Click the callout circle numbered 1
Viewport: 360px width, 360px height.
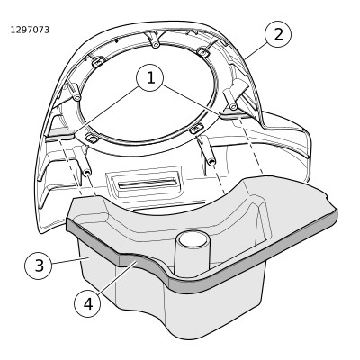pos(150,78)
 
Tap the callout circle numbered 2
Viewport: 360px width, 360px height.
pos(278,34)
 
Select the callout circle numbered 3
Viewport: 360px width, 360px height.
pos(39,265)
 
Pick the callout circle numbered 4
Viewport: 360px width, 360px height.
pos(88,303)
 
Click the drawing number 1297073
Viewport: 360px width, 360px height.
pos(30,30)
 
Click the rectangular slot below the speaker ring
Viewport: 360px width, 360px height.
pos(147,183)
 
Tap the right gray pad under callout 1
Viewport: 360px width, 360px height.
pos(233,113)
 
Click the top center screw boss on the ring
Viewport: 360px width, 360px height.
pos(155,42)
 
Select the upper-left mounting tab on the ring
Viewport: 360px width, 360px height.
pos(98,62)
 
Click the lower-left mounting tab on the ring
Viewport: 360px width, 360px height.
pos(91,138)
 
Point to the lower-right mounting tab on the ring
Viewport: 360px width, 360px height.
pos(196,129)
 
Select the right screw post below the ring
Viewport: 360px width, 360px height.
pos(208,152)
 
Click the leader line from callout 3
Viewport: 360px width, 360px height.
pos(67,260)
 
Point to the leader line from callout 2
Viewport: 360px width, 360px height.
pos(256,50)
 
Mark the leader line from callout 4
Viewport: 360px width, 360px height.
pos(117,277)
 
